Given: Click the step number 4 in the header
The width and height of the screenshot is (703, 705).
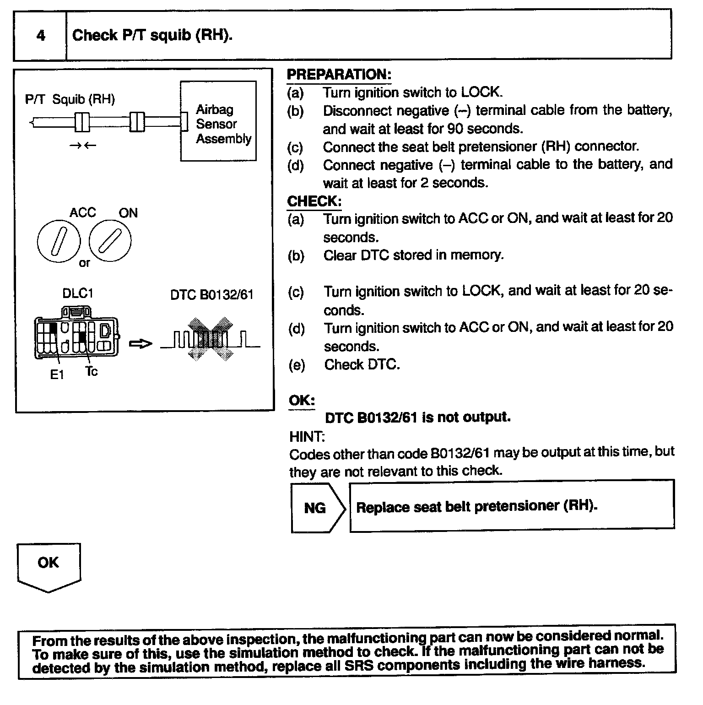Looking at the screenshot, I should coord(41,35).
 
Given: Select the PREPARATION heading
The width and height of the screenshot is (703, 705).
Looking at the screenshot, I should coord(339,75).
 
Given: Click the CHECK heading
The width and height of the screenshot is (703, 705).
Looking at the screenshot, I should coord(314,201).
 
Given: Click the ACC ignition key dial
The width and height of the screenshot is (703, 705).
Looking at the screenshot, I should coord(59,241).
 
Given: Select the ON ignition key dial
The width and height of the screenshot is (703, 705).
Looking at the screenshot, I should coord(110,241).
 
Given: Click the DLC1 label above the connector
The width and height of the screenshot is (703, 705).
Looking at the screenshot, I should coord(78,293).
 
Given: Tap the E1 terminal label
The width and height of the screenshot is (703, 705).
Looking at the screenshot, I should coord(57,375).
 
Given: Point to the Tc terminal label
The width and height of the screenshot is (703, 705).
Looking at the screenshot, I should coord(92,372).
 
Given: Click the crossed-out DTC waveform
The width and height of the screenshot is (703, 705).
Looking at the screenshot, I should coord(210,339).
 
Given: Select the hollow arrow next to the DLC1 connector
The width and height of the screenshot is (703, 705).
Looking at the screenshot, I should coord(140,343).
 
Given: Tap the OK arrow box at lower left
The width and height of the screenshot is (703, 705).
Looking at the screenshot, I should coord(49,566).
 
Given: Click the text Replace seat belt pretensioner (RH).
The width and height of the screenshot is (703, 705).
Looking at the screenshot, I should coord(477,506).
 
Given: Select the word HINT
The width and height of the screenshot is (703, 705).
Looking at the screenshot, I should coord(307,437).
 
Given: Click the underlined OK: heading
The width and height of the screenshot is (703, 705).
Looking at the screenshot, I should coord(302,401).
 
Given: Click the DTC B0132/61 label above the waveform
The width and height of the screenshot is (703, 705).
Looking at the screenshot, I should coord(212,295).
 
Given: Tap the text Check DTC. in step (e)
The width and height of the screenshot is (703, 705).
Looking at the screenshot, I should coord(362,364).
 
